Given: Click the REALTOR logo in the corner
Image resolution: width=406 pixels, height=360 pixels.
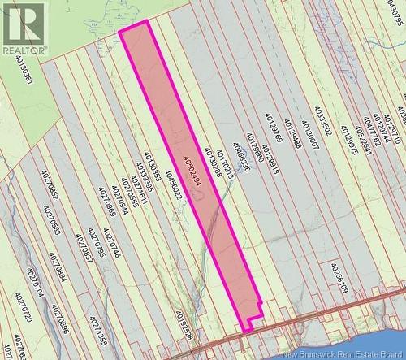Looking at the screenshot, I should pos(24,28).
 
